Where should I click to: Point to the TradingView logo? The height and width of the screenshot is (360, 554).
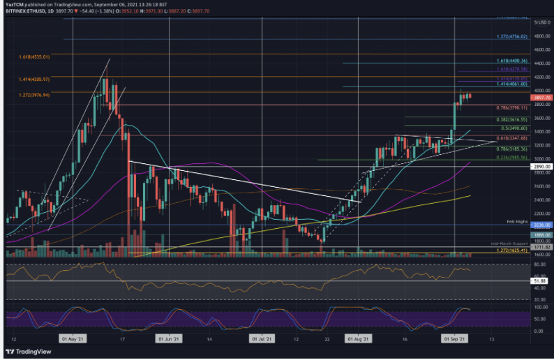[x=31, y=350]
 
